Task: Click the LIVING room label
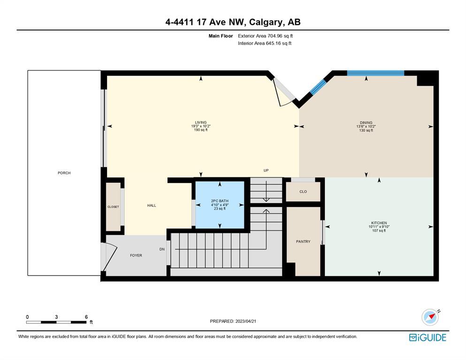coord(200,122)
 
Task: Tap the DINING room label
coord(366,123)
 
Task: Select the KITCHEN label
coord(379,222)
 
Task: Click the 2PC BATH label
coord(220,201)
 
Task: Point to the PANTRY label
coord(303,241)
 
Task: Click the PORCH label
coord(64,173)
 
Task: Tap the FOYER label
coord(136,255)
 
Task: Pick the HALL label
coord(152,205)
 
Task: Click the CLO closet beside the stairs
coord(303,191)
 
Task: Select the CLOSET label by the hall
coord(113,207)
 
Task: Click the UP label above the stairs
coord(266,170)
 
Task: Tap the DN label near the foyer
coord(162,249)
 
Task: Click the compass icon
coord(430,317)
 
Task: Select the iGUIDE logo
coord(428,337)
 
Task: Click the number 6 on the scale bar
coord(86,317)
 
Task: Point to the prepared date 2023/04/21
coord(246,321)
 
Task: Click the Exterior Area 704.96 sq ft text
coord(266,36)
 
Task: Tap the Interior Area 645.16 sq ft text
coord(265,43)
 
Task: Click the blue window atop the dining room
coord(375,73)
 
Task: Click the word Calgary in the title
coord(266,23)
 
